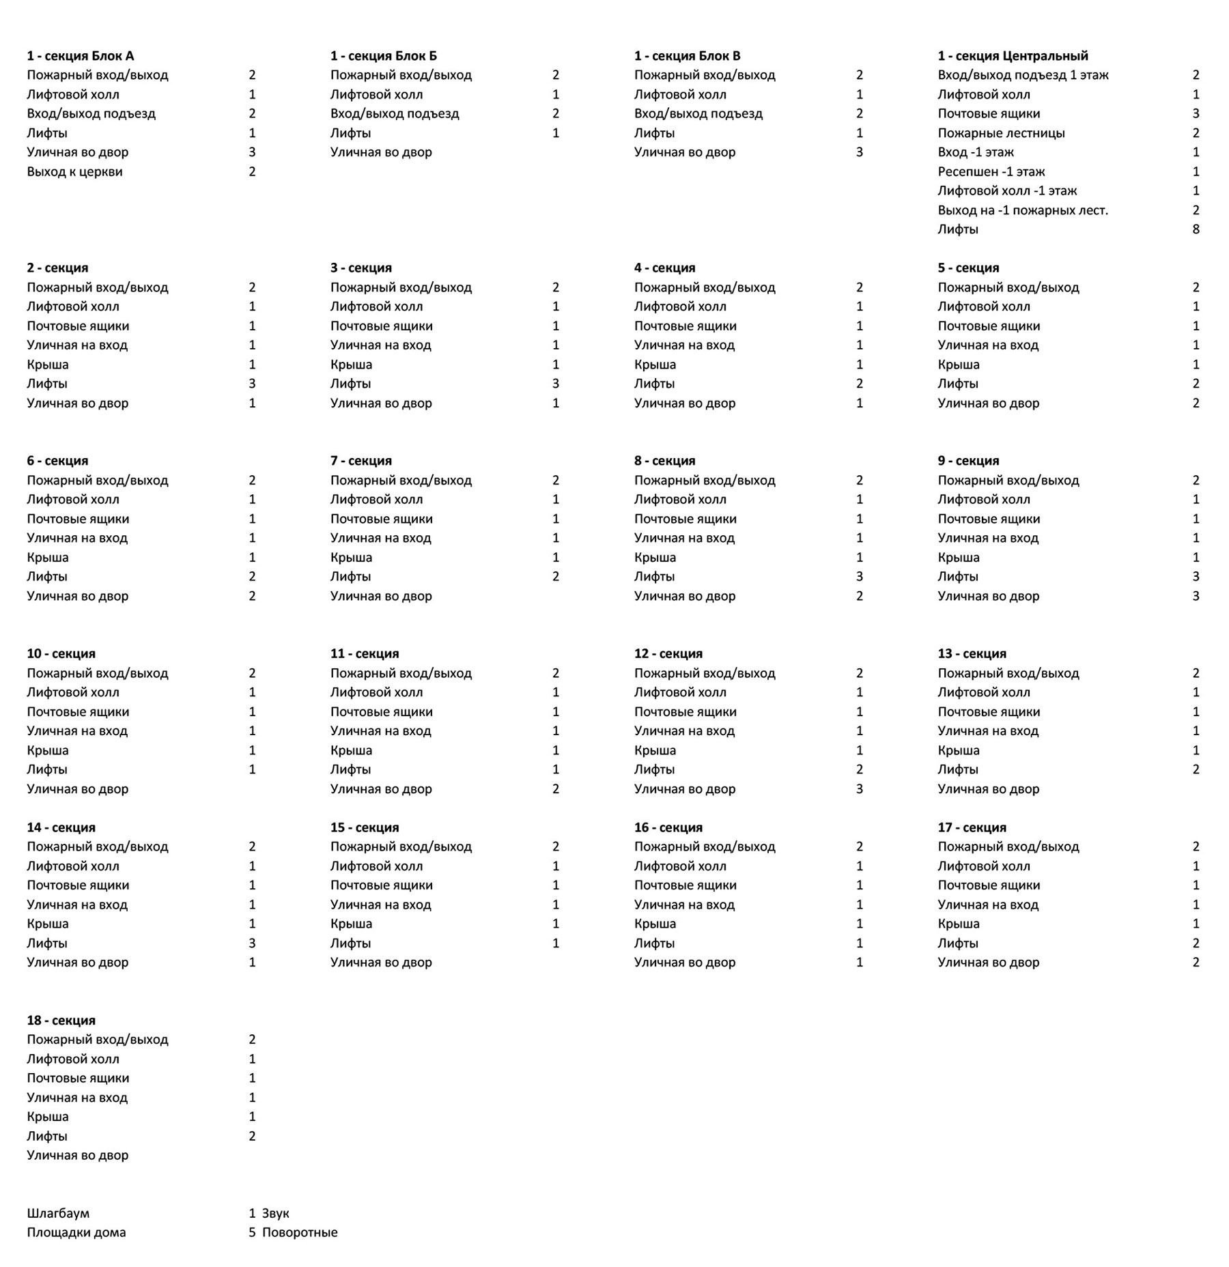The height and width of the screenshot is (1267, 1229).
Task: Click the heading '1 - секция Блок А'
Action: (x=81, y=56)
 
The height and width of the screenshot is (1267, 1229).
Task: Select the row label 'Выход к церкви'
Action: (x=74, y=171)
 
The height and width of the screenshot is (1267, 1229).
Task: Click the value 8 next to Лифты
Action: (x=1196, y=229)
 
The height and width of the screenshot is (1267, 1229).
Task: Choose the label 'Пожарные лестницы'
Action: (x=1001, y=133)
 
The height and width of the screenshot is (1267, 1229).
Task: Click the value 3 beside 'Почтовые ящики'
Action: (x=1196, y=113)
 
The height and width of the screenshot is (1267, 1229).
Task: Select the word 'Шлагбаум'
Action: (x=58, y=1213)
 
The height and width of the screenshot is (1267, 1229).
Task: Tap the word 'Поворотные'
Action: (x=300, y=1232)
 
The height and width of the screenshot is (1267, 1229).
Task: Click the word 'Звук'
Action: (x=275, y=1213)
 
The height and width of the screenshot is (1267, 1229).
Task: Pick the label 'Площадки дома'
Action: (x=76, y=1232)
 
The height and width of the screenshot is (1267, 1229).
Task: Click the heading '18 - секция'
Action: (x=61, y=1020)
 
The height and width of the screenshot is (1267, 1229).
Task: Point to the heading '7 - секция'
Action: (x=361, y=461)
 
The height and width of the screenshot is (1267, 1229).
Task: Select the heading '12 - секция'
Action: (x=668, y=653)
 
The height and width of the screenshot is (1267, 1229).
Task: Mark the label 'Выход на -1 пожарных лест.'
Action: (x=1023, y=210)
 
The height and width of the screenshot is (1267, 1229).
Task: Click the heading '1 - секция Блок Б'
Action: (x=384, y=56)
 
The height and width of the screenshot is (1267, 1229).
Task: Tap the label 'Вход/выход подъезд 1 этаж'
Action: (x=1023, y=75)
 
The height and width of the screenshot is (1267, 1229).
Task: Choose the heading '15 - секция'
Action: (x=365, y=827)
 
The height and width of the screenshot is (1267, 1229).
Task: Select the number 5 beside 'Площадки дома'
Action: (x=252, y=1232)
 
